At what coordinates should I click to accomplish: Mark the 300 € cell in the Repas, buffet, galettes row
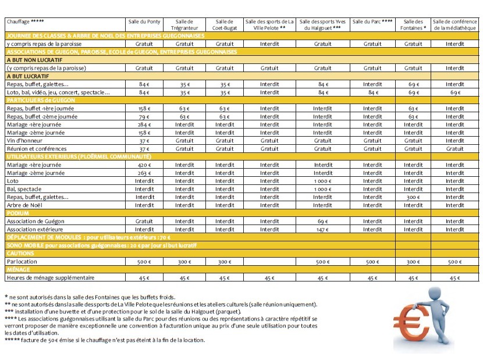pyautogui.click(x=413, y=197)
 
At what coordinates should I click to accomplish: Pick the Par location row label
pyautogui.click(x=22, y=262)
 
